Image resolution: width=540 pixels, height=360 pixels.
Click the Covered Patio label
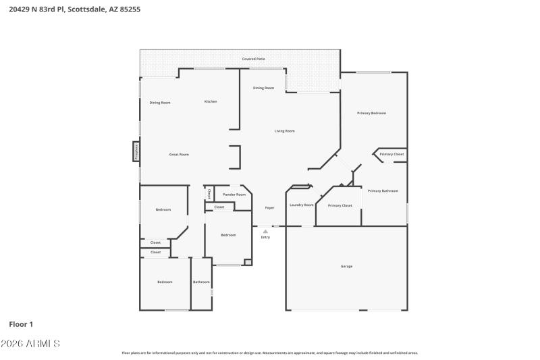click(254, 59)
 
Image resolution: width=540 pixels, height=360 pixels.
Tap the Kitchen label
click(211, 102)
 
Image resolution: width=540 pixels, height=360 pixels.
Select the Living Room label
click(284, 131)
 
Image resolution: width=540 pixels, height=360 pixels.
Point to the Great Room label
click(179, 155)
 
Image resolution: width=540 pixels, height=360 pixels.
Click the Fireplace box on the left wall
click(136, 151)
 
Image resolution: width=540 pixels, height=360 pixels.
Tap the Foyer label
click(269, 208)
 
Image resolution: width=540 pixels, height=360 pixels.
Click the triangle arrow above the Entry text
click(265, 231)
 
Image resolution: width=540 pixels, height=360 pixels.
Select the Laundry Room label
click(301, 205)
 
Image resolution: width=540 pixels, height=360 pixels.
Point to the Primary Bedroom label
click(371, 113)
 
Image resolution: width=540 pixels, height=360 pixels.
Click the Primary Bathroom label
click(383, 191)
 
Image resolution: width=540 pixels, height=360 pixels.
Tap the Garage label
click(346, 266)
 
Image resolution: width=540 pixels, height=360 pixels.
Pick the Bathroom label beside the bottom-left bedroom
click(201, 282)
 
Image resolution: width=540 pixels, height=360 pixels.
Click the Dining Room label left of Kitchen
click(160, 103)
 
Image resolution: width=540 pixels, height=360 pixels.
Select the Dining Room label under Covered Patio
click(263, 88)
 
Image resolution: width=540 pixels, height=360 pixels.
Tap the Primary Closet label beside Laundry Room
click(340, 205)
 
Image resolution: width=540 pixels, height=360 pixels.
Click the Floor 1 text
click(21, 324)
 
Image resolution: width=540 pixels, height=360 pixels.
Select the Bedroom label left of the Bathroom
click(165, 282)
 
